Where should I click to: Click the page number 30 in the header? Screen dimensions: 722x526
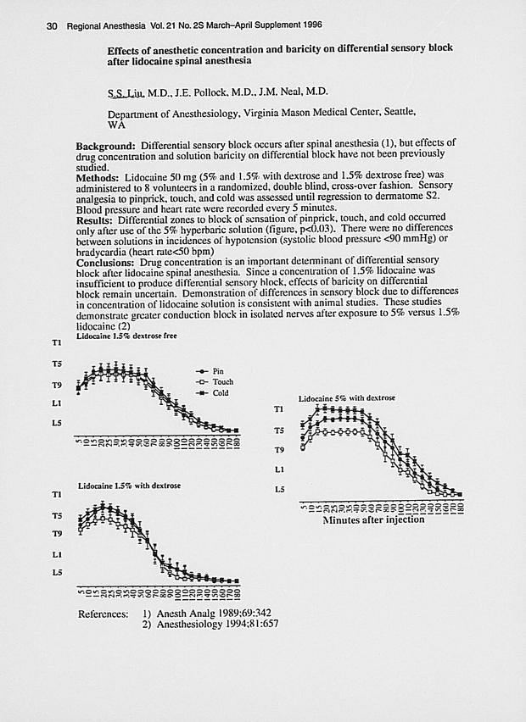[51, 26]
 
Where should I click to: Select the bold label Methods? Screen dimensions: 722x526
[98, 177]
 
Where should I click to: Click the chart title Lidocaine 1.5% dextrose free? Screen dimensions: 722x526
[127, 336]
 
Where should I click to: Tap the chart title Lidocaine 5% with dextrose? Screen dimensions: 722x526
[346, 398]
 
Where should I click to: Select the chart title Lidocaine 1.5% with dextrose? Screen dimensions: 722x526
[129, 486]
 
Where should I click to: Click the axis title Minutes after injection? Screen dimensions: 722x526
[373, 519]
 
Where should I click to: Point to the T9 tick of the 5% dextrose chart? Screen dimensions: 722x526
[278, 450]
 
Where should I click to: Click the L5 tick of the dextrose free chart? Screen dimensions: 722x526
[56, 422]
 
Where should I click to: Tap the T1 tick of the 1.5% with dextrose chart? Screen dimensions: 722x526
[57, 493]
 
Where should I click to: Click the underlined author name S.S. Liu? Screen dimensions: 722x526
[126, 92]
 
